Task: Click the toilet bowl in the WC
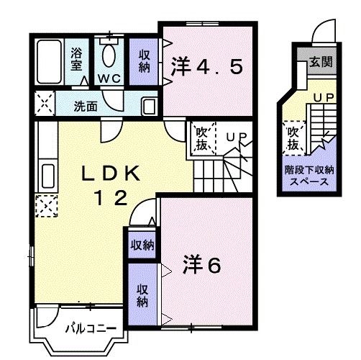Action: pos(109,55)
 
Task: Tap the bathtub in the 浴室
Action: pos(50,62)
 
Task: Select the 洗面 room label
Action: pos(86,107)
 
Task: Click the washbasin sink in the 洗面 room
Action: pos(149,107)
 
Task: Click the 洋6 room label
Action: pos(201,264)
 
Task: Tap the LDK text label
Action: pos(111,174)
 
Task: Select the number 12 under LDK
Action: pos(111,197)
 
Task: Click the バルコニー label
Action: pos(91,328)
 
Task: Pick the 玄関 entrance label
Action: pos(321,62)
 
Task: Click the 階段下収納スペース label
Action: pos(309,176)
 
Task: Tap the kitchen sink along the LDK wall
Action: pos(47,176)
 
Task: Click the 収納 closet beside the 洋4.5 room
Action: pos(144,61)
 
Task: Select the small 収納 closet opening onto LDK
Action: pos(142,245)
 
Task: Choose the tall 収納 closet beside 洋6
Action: pos(142,294)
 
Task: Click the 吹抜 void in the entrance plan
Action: pos(293,138)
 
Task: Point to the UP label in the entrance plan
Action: pos(324,97)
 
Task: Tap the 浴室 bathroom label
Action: pos(76,59)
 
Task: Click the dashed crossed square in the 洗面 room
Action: pos(45,104)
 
